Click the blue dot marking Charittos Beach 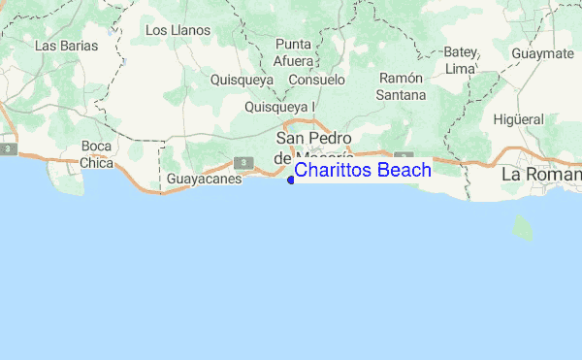pos(291,179)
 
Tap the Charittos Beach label pos(363,171)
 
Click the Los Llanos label pos(177,30)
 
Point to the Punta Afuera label pos(294,52)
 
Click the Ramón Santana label pos(403,86)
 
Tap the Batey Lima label pos(459,59)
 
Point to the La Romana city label pos(541,176)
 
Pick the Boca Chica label pos(96,154)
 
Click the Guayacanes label pos(204,180)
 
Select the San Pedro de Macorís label pos(311,147)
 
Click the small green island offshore pos(523,229)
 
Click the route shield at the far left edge pos(8,149)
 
